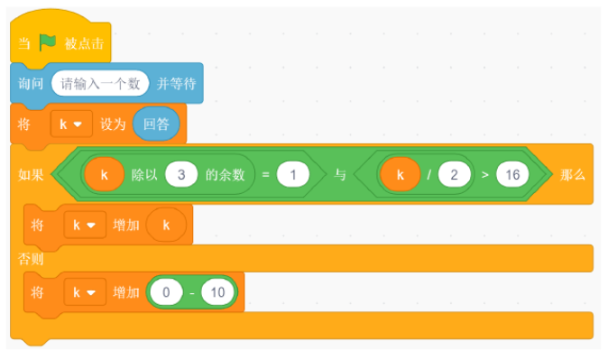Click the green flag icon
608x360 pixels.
click(x=47, y=42)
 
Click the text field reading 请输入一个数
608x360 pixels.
click(x=100, y=83)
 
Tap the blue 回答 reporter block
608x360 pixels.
click(x=156, y=125)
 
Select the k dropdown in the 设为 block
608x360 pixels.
click(x=71, y=125)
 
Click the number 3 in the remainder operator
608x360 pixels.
click(x=181, y=174)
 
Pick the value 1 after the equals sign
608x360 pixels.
click(x=293, y=174)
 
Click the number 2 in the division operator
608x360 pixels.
click(x=454, y=174)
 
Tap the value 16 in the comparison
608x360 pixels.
click(x=512, y=174)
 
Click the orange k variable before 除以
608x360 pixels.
click(x=105, y=174)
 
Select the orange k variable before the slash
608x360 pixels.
click(x=401, y=174)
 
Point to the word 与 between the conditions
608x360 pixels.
click(x=340, y=174)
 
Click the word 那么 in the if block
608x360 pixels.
click(x=572, y=175)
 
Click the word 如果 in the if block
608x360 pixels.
click(x=31, y=175)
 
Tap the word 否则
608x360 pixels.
click(x=31, y=258)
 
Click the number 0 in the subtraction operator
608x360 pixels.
click(x=166, y=292)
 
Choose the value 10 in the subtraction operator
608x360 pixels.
click(x=217, y=292)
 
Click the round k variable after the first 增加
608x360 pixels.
click(x=166, y=225)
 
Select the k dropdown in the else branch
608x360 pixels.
click(x=85, y=292)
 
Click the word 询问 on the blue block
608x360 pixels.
click(x=31, y=83)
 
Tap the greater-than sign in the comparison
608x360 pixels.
click(x=484, y=175)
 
